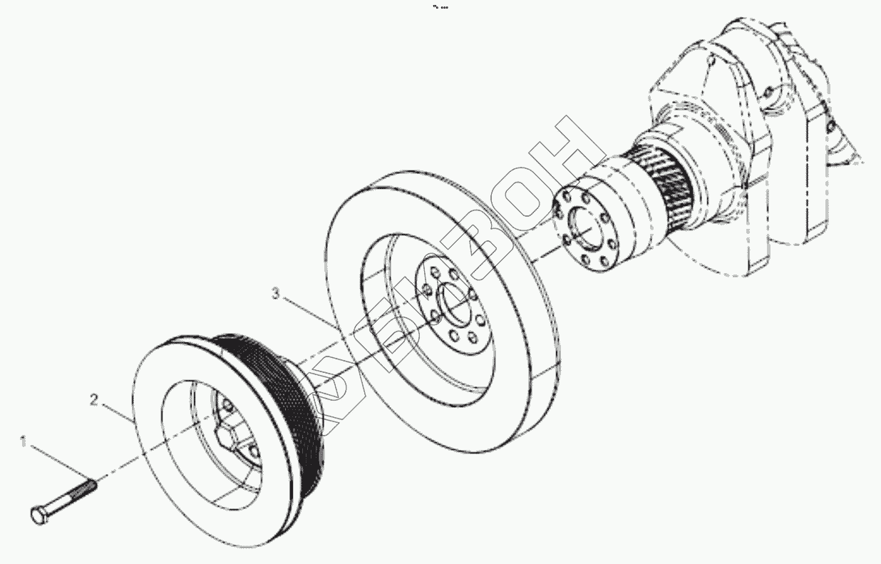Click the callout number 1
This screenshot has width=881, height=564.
pos(23,443)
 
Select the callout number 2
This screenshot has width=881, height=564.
pos(93,400)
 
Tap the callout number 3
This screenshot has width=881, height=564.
pos(275,293)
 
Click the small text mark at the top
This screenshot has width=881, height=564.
pos(441,7)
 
